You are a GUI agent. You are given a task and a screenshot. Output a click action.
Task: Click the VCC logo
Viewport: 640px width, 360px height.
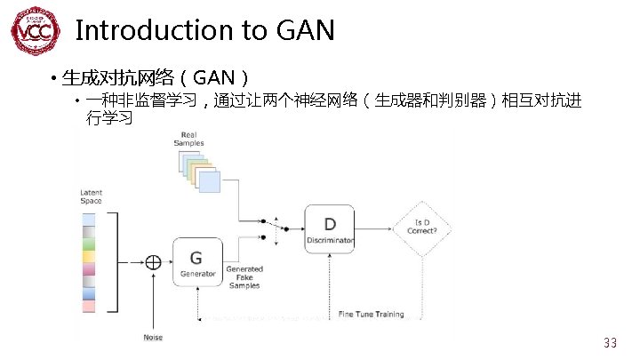click(36, 32)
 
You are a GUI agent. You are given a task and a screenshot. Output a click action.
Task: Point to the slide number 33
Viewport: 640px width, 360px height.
click(610, 343)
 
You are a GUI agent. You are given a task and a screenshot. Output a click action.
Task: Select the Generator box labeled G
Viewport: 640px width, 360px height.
click(196, 261)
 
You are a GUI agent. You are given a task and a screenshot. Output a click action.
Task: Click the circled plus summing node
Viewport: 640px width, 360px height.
click(154, 261)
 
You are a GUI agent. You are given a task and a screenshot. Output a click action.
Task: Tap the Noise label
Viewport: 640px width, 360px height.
click(153, 337)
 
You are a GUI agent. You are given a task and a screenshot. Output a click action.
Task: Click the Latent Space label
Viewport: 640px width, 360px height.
click(91, 196)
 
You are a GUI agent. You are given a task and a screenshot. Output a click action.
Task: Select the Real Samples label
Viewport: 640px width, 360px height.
click(188, 139)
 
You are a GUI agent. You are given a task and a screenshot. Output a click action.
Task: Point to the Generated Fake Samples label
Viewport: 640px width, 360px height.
click(244, 277)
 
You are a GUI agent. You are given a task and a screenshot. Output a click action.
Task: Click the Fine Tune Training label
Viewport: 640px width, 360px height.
click(372, 314)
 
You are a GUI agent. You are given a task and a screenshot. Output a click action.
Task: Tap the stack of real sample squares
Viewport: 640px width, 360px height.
click(197, 171)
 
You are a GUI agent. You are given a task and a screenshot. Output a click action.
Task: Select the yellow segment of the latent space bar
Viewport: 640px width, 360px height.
click(88, 257)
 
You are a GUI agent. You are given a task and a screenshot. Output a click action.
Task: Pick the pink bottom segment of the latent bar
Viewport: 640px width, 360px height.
click(88, 306)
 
